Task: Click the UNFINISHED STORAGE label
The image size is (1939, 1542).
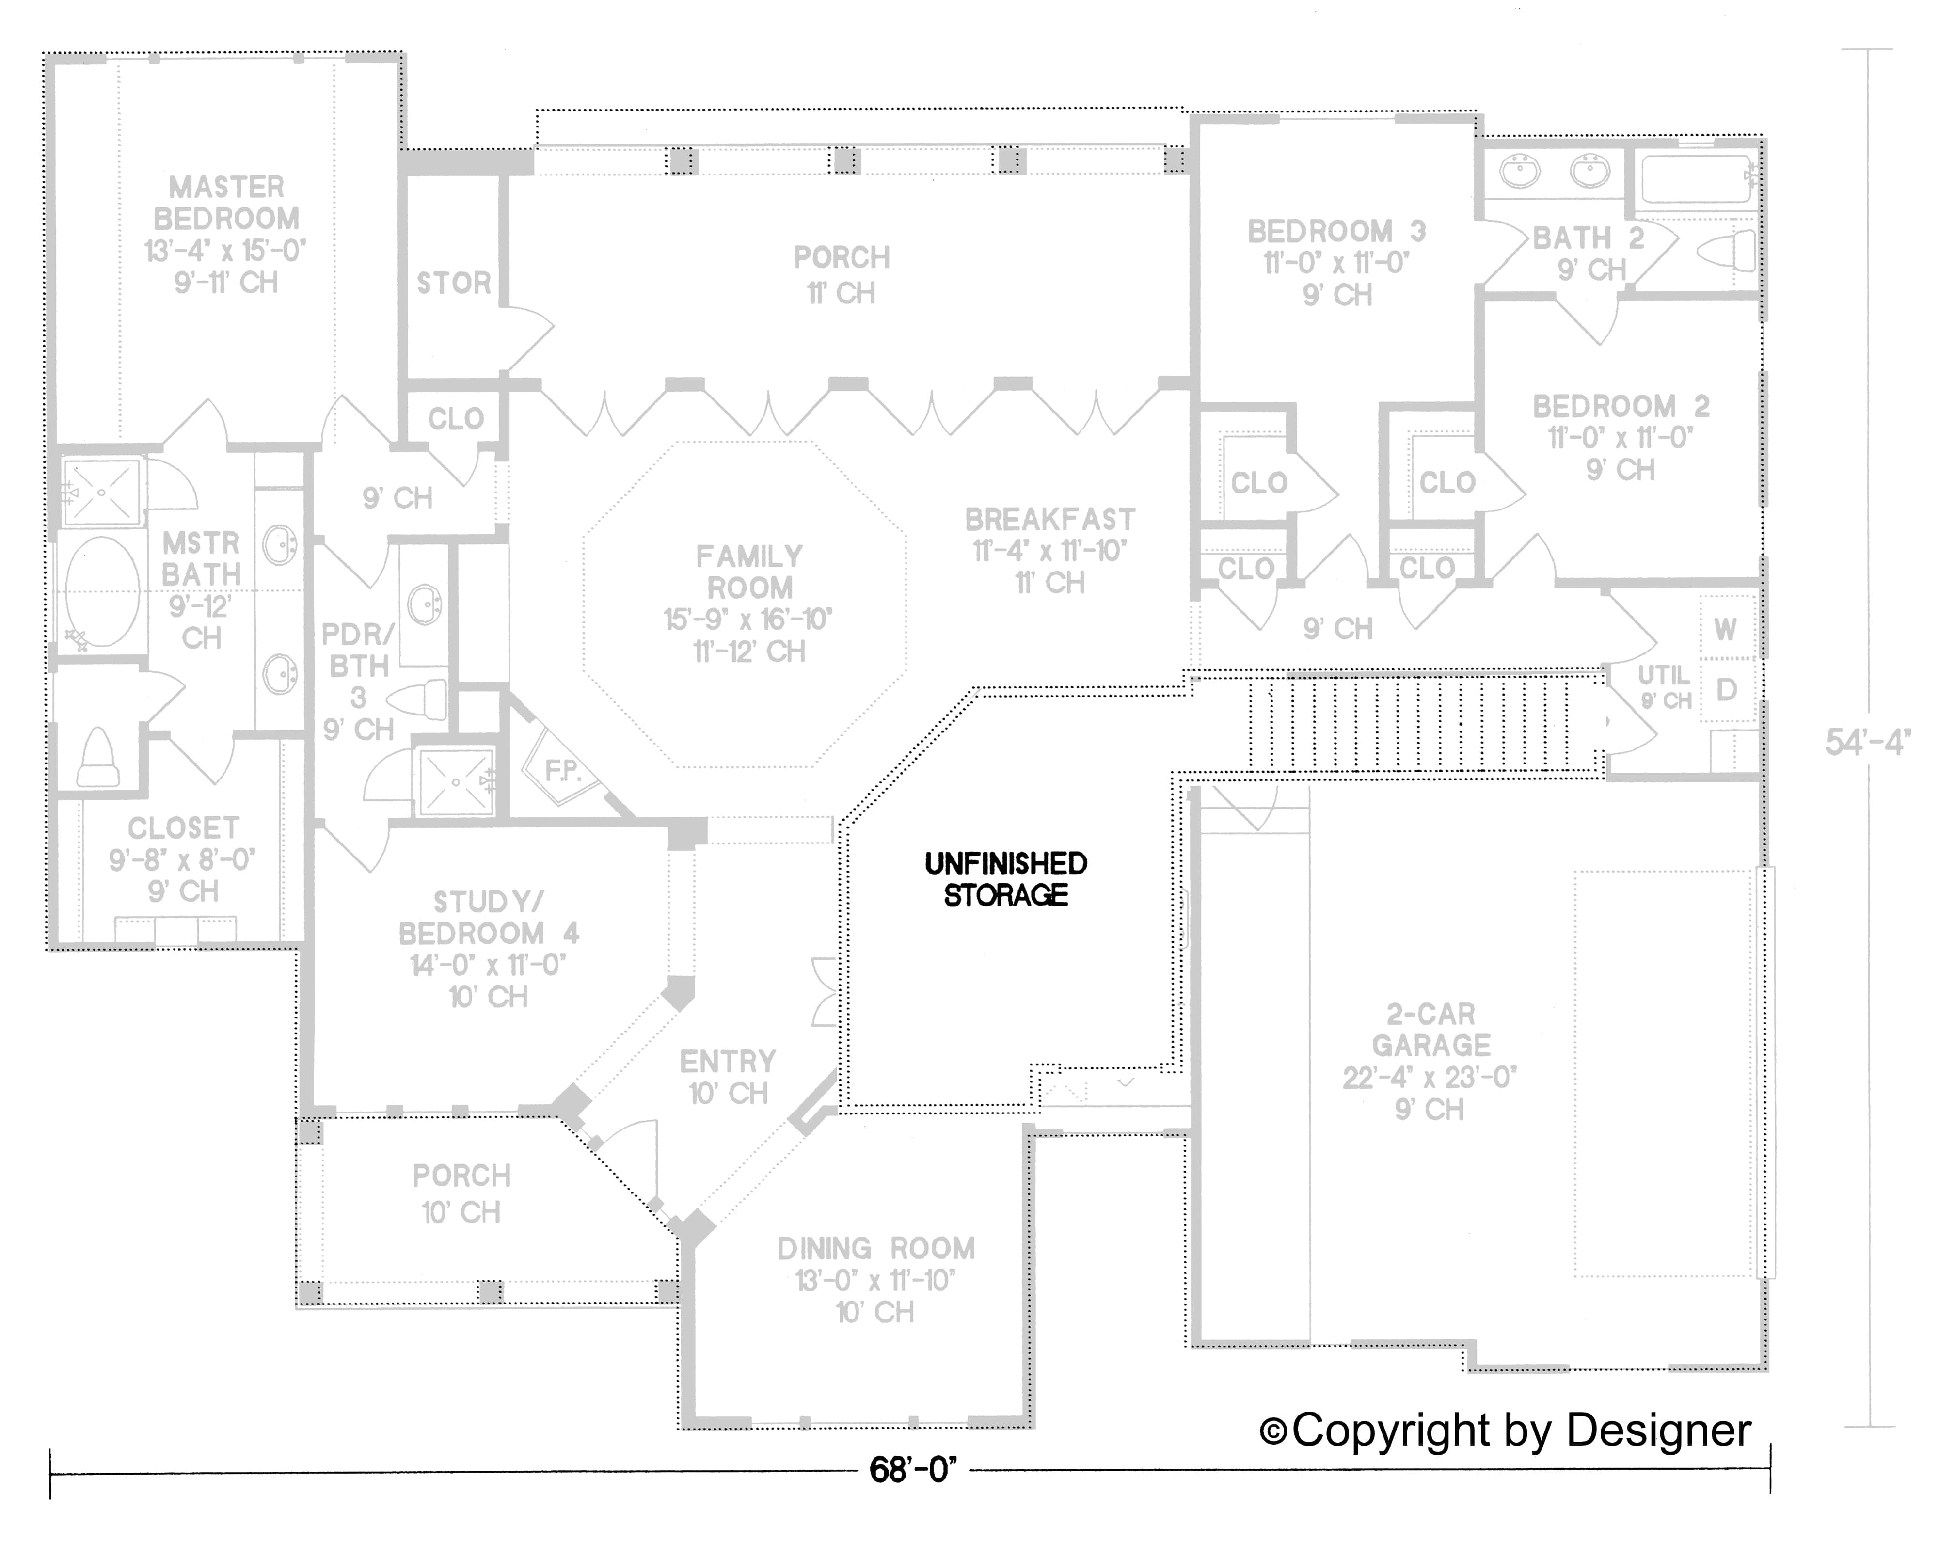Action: coord(1005,879)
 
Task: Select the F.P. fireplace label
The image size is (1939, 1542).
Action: coord(563,771)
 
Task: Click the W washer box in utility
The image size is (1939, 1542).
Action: coord(1725,629)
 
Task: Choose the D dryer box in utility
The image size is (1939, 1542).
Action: coord(1725,690)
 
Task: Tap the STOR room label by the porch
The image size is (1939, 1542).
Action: coord(453,283)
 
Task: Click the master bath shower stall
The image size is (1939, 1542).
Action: coord(102,492)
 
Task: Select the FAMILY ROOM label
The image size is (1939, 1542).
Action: coord(748,572)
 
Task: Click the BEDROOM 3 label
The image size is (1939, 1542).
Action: coord(1336,232)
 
